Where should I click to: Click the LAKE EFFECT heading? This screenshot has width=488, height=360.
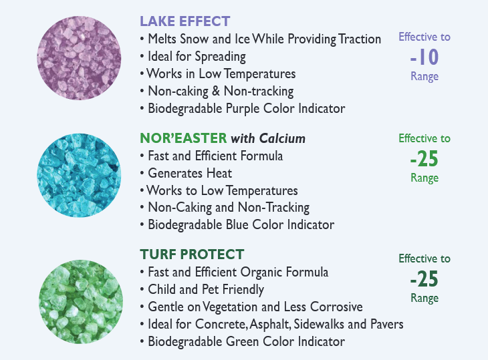[x=185, y=21]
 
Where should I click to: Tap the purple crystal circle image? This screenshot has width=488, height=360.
[x=79, y=58]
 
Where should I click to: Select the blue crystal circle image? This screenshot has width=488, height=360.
[x=79, y=176]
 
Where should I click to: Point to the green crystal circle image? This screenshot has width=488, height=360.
[x=81, y=302]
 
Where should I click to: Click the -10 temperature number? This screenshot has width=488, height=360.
[x=424, y=57]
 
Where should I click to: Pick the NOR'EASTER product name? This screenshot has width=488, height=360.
[x=183, y=138]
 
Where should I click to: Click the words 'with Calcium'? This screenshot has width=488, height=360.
[x=268, y=138]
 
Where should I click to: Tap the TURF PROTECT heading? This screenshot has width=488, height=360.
[x=192, y=254]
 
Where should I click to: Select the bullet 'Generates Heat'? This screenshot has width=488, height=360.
[x=190, y=173]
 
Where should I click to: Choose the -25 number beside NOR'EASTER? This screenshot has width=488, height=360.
[x=424, y=158]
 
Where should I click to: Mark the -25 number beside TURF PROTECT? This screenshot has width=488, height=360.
[x=424, y=279]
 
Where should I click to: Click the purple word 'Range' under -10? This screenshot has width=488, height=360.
[x=424, y=77]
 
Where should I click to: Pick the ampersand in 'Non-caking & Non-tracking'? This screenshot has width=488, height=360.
[x=216, y=91]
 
